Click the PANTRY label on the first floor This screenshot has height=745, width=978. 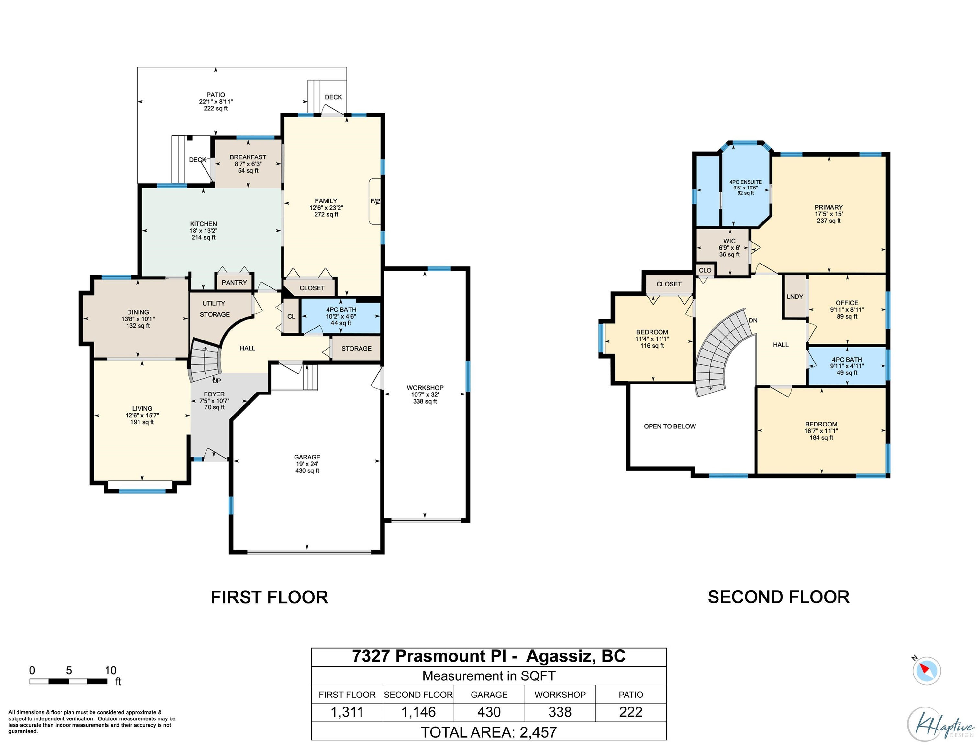[x=234, y=283]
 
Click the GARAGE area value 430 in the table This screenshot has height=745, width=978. [x=489, y=712]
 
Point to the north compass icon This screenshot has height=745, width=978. [x=926, y=671]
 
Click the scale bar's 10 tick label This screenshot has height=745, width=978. [x=110, y=670]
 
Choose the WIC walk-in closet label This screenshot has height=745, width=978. [x=729, y=241]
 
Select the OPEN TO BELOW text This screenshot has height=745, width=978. [x=670, y=426]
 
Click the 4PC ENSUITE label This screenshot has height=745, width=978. [x=746, y=182]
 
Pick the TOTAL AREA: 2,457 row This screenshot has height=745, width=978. [x=489, y=732]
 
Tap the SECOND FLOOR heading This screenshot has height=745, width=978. [x=778, y=597]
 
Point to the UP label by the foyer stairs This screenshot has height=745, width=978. [x=217, y=381]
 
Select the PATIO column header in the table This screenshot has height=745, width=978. [x=630, y=695]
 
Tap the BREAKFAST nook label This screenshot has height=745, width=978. [x=248, y=157]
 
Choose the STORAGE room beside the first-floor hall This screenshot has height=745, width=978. [x=356, y=349]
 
